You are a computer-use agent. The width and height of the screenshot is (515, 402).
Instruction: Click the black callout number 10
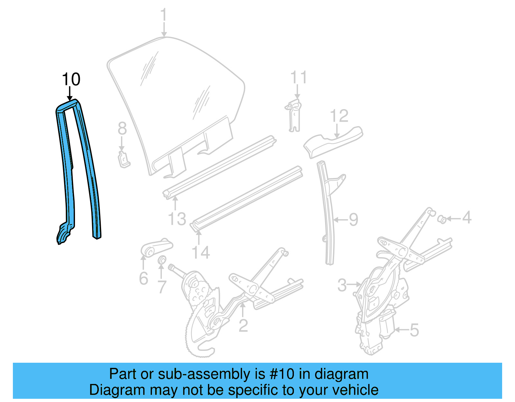[71, 79]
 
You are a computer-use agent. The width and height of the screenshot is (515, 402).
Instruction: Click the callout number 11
[298, 78]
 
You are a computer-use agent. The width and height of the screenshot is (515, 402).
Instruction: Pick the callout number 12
[339, 116]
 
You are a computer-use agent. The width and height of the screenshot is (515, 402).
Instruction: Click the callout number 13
[177, 219]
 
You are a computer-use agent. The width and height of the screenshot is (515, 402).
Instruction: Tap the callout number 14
[201, 252]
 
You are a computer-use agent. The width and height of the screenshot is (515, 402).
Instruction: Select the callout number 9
[353, 220]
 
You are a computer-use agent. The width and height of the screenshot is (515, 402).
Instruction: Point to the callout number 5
[414, 330]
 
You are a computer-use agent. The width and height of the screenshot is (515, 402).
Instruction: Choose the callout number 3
[342, 285]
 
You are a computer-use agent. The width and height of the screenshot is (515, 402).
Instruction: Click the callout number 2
[243, 326]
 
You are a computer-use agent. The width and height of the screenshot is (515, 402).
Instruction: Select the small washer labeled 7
[162, 259]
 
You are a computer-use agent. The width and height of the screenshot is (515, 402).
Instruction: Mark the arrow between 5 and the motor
[401, 330]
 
